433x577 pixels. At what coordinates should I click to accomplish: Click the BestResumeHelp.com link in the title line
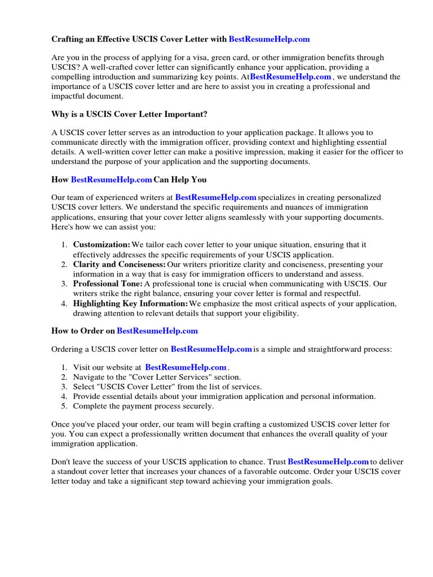point(269,39)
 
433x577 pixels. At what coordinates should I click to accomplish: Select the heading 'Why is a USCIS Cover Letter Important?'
point(129,114)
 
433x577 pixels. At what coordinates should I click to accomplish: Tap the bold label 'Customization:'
point(101,245)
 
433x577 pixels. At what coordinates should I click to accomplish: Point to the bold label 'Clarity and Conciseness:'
point(120,264)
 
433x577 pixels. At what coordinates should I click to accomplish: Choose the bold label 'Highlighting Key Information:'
point(130,304)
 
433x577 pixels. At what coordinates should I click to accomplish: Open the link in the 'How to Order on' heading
point(157,331)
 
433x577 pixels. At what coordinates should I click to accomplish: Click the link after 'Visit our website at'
point(185,367)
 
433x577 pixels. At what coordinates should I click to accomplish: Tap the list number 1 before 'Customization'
point(64,245)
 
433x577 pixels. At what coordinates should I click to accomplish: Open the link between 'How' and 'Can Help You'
point(111,180)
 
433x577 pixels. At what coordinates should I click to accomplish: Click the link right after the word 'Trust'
point(328,462)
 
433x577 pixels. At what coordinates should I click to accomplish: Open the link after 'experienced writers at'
point(216,198)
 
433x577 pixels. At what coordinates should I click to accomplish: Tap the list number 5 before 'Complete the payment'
point(64,406)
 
